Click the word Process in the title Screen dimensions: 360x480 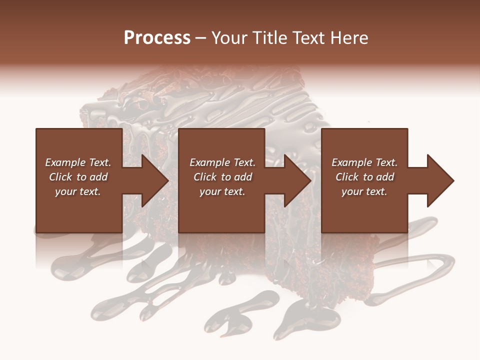157,38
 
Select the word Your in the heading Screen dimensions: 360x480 230,38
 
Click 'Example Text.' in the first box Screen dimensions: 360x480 78,162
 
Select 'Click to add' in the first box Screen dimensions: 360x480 78,177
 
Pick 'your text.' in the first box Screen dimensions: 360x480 78,191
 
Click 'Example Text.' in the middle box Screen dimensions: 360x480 222,162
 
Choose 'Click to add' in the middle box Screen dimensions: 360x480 222,177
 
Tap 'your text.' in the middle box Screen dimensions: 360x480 222,191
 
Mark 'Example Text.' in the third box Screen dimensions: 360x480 364,162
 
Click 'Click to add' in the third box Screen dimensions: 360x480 364,177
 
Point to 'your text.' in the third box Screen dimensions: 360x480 364,191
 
